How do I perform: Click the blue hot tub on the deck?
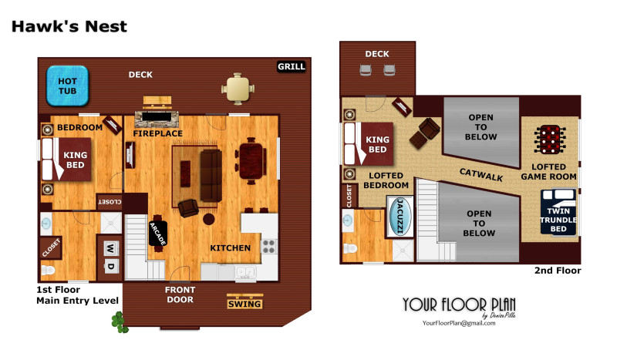click(67, 86)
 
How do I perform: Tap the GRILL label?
click(292, 66)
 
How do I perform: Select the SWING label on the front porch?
click(244, 304)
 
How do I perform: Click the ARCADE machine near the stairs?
click(158, 234)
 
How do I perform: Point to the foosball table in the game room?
click(550, 140)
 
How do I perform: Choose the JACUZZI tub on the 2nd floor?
click(400, 217)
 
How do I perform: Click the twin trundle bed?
click(558, 212)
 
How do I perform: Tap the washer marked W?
click(110, 248)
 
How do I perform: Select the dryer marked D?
click(110, 267)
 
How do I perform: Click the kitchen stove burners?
click(268, 247)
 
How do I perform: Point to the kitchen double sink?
click(245, 271)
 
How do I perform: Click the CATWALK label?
click(481, 174)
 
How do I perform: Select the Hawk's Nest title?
click(69, 26)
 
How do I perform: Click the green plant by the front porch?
click(120, 322)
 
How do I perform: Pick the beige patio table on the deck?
click(238, 89)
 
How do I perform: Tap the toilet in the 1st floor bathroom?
click(48, 271)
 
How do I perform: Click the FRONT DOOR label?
click(180, 294)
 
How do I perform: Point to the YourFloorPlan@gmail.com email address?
click(459, 323)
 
